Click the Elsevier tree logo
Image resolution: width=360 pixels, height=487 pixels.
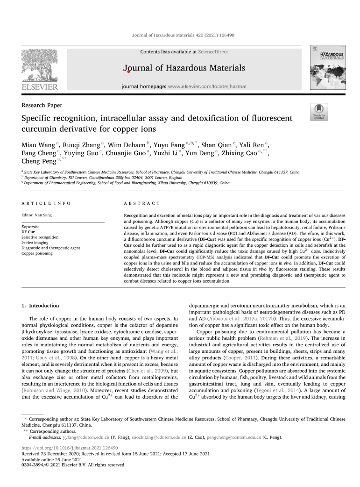[39, 68]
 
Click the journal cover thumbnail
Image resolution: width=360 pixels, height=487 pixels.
[327, 68]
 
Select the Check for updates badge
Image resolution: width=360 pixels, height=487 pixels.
[319, 112]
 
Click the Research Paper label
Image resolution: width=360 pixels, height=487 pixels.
[42, 106]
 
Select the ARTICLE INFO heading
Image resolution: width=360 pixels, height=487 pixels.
[46, 203]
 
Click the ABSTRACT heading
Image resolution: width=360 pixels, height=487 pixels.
[141, 203]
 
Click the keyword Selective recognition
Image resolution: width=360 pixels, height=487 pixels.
[40, 237]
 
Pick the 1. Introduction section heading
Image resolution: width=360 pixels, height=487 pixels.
[41, 306]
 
